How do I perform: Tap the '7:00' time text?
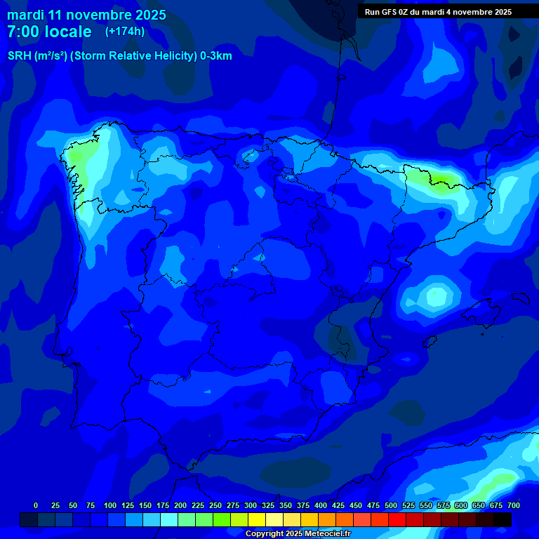click(x=23, y=32)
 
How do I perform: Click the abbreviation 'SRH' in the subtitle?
click(x=20, y=56)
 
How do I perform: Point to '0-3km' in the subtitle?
click(x=216, y=56)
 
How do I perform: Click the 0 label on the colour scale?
click(x=36, y=506)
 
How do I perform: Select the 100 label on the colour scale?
click(x=109, y=506)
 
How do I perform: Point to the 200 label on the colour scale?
click(x=180, y=506)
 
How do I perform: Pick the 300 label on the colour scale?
click(x=251, y=506)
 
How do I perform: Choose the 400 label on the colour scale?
click(x=321, y=506)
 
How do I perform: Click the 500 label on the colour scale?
click(x=391, y=506)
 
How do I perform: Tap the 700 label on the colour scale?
click(x=514, y=506)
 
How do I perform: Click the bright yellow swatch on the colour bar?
click(x=257, y=519)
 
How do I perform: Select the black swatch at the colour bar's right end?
click(x=503, y=519)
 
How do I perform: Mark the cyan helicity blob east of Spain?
click(x=435, y=297)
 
